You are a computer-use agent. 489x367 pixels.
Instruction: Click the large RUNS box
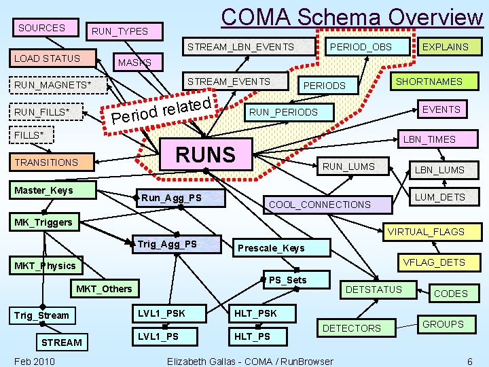[x=204, y=154]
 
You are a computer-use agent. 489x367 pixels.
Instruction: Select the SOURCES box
[x=42, y=28]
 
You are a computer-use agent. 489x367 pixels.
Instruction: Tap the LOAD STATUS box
[x=48, y=58]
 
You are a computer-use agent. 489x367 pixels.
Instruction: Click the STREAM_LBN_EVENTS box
[x=240, y=47]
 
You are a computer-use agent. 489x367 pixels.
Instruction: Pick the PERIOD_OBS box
[x=359, y=47]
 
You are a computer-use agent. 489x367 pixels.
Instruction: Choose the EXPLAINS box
[x=445, y=47]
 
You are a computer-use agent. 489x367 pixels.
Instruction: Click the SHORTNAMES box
[x=429, y=82]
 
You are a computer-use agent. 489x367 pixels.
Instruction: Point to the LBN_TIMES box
[x=429, y=139]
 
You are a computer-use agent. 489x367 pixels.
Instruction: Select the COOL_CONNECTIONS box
[x=320, y=204]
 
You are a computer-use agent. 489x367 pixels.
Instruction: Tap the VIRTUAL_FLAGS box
[x=425, y=232]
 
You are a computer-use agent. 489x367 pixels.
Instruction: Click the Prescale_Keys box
[x=270, y=248]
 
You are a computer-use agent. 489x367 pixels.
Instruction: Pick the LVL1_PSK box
[x=161, y=313]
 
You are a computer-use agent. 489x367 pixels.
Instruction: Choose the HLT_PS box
[x=252, y=336]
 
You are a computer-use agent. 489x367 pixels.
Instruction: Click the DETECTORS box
[x=351, y=328]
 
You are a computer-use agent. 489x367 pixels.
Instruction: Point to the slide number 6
[x=469, y=361]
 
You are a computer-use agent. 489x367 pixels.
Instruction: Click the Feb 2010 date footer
[x=35, y=361]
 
